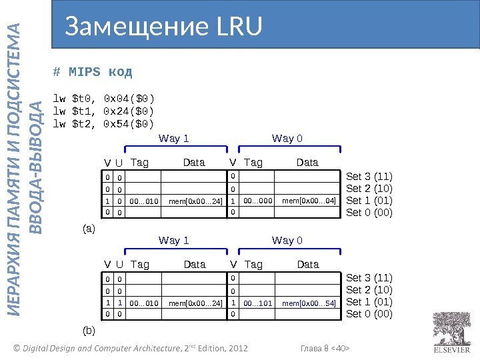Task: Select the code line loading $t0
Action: [x=103, y=100]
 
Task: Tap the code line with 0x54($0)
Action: [x=103, y=124]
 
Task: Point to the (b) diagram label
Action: [x=89, y=329]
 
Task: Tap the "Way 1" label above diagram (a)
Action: [x=174, y=139]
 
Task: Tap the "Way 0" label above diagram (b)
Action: [x=287, y=240]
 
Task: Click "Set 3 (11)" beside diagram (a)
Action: [x=369, y=177]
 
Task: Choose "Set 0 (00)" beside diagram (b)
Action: [x=369, y=314]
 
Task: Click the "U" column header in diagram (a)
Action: [x=119, y=162]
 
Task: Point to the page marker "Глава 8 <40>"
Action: [x=326, y=348]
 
